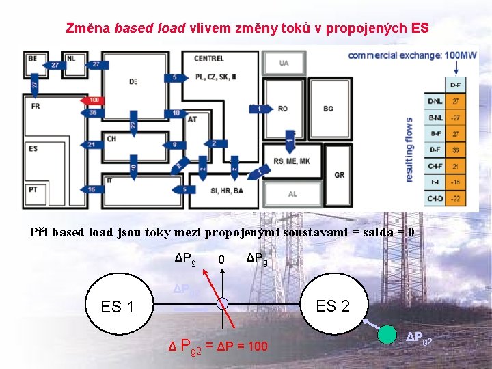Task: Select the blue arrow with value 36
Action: click(94, 112)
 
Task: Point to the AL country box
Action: click(292, 194)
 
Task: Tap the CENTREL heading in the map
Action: click(208, 59)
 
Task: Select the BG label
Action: click(329, 109)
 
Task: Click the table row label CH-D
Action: click(435, 198)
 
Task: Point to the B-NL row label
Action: click(435, 118)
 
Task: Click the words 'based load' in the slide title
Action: click(150, 29)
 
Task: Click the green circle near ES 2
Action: click(388, 336)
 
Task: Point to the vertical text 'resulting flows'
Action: click(410, 150)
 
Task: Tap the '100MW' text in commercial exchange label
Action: click(460, 55)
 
